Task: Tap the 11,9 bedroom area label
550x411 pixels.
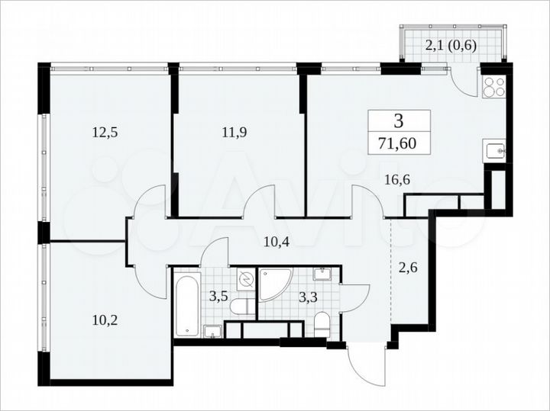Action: click(235, 131)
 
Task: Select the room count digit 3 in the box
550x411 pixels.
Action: click(399, 120)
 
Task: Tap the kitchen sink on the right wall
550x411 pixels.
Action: click(496, 151)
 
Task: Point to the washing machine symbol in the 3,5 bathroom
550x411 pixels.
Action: click(245, 281)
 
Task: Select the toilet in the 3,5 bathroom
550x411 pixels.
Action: click(243, 307)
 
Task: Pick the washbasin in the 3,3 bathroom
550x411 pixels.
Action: click(322, 275)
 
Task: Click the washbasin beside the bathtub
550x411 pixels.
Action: click(213, 330)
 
